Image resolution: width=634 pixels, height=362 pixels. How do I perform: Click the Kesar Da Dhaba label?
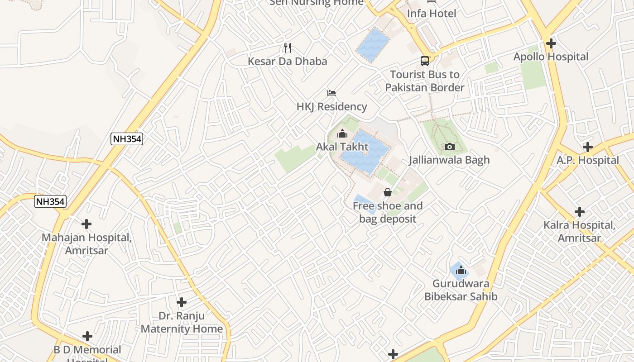click(x=287, y=61)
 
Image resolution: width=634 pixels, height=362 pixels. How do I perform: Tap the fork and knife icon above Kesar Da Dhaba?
click(x=287, y=47)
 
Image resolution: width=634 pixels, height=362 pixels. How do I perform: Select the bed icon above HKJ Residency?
click(x=331, y=93)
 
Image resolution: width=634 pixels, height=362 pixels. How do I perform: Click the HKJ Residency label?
click(x=331, y=107)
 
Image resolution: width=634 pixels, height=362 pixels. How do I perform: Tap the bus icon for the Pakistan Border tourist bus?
click(x=425, y=61)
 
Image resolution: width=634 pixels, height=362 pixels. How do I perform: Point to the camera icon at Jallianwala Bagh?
click(x=449, y=147)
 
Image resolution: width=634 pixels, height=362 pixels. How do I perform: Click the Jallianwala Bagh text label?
click(x=449, y=160)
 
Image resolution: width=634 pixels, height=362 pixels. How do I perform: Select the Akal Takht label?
click(x=342, y=147)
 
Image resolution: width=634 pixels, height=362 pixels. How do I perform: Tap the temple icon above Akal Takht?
click(x=342, y=134)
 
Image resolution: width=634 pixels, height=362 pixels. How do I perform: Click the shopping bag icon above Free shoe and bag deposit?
click(x=387, y=193)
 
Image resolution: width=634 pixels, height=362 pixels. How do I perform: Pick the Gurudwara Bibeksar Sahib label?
click(x=461, y=290)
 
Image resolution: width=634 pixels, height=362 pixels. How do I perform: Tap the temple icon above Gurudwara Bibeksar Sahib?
click(x=461, y=271)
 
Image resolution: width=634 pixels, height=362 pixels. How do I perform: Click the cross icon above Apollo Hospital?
click(x=551, y=43)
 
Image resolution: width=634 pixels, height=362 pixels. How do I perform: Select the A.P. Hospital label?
click(x=587, y=160)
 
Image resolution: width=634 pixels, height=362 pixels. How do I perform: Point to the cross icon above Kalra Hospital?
click(x=579, y=211)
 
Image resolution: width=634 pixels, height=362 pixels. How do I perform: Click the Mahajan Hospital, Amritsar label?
click(x=86, y=243)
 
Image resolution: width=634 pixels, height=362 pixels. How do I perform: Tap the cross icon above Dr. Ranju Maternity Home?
click(x=182, y=302)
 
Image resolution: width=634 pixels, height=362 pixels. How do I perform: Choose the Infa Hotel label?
click(x=432, y=14)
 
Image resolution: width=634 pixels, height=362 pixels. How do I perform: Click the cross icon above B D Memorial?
click(x=87, y=336)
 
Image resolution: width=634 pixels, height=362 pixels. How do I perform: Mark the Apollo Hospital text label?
click(x=551, y=57)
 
